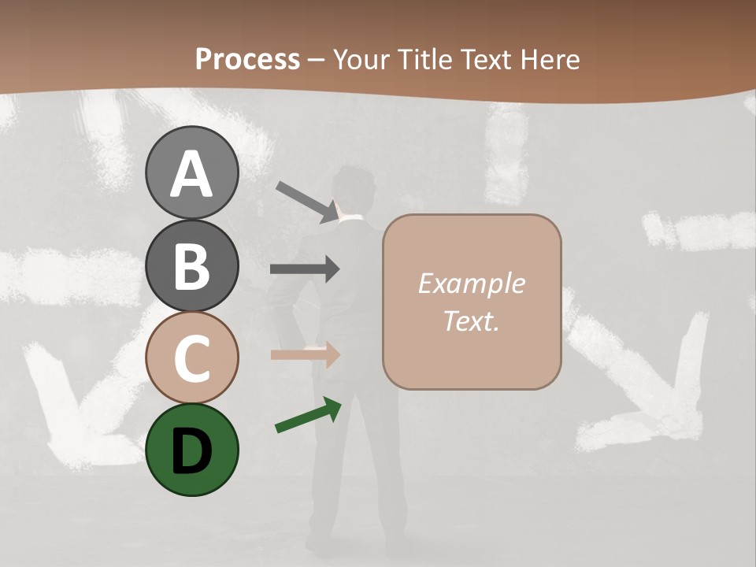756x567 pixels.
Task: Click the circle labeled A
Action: click(x=192, y=173)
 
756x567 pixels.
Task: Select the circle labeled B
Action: click(x=192, y=265)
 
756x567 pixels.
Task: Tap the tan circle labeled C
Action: click(x=192, y=358)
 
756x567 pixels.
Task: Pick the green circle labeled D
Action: click(x=192, y=450)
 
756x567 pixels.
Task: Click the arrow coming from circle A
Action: click(x=307, y=202)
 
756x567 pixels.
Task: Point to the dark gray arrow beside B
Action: click(x=305, y=269)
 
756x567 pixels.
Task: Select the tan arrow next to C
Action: click(x=305, y=354)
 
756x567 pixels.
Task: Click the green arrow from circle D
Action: click(x=308, y=416)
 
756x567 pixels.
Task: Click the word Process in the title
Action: click(x=247, y=59)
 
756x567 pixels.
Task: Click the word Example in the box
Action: click(x=471, y=283)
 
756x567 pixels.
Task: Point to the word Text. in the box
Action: click(x=471, y=321)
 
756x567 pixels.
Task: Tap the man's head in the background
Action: click(x=354, y=189)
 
